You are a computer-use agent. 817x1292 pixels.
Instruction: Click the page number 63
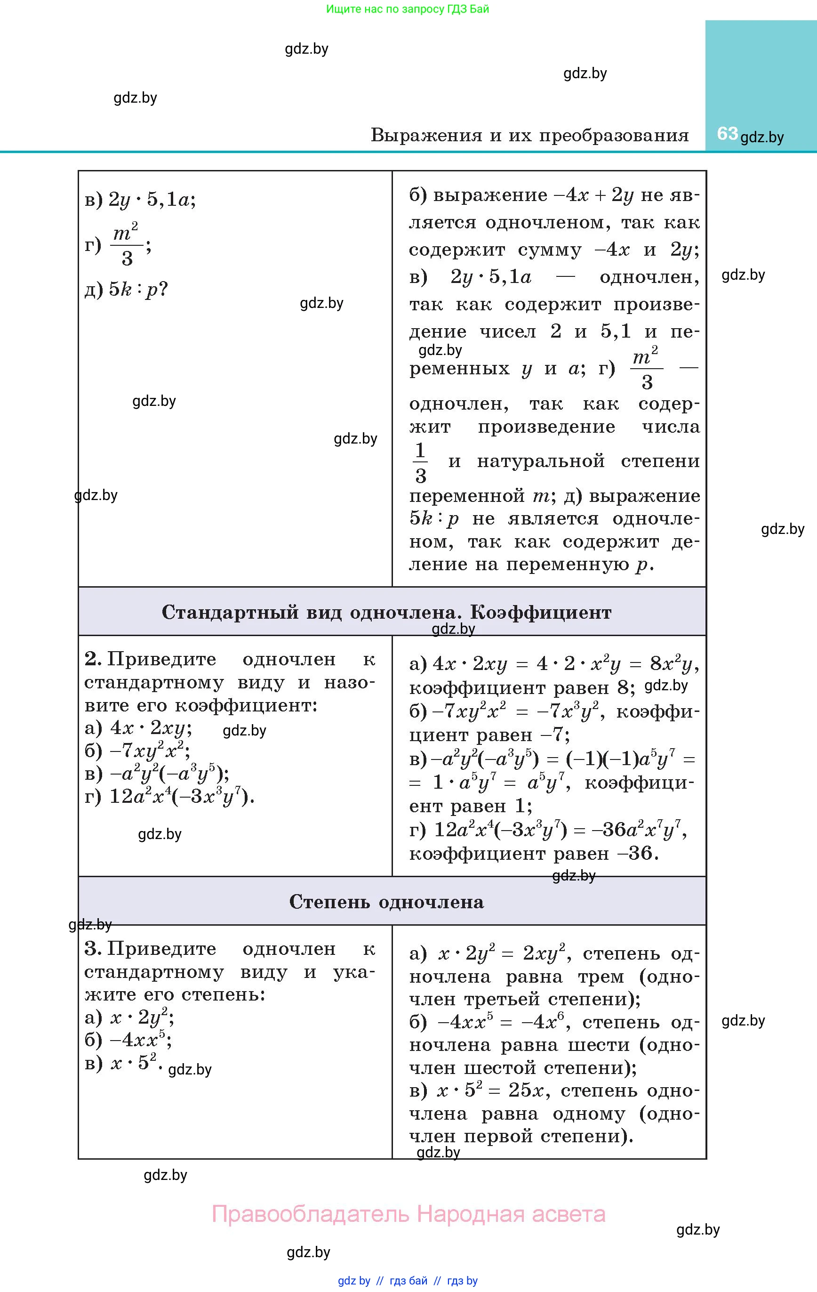(x=727, y=133)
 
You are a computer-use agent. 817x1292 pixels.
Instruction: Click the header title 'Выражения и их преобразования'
(x=529, y=135)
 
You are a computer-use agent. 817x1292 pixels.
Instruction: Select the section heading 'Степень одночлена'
(x=386, y=902)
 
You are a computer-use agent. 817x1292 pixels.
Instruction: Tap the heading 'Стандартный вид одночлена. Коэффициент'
(x=386, y=612)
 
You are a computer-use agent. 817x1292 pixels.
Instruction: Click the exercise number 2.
(x=93, y=659)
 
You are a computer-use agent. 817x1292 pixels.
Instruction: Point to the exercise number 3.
(x=93, y=949)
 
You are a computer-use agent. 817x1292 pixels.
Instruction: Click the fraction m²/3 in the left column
(x=127, y=246)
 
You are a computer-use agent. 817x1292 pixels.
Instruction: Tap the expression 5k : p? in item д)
(x=138, y=290)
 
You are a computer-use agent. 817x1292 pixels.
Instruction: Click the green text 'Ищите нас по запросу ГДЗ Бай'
(x=408, y=9)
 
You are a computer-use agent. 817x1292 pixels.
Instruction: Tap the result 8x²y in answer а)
(x=673, y=665)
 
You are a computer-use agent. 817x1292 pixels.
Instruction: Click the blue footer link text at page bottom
(x=408, y=1281)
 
